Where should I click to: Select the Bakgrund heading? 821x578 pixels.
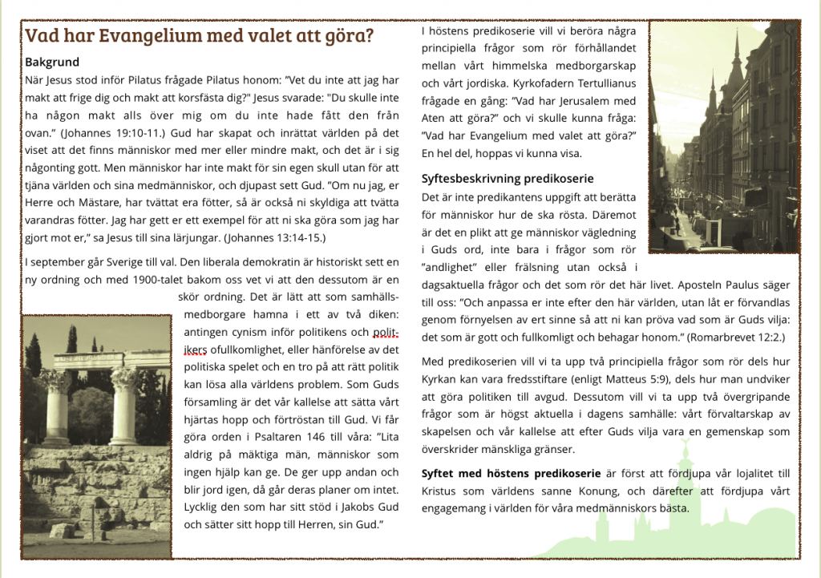(52, 62)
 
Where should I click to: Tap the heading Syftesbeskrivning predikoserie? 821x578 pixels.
(508, 178)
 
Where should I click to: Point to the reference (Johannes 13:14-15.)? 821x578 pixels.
(274, 238)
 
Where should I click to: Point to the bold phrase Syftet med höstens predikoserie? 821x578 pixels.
(508, 473)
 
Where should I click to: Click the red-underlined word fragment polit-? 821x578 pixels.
(386, 332)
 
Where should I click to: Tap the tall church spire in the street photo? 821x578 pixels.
(736, 64)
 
